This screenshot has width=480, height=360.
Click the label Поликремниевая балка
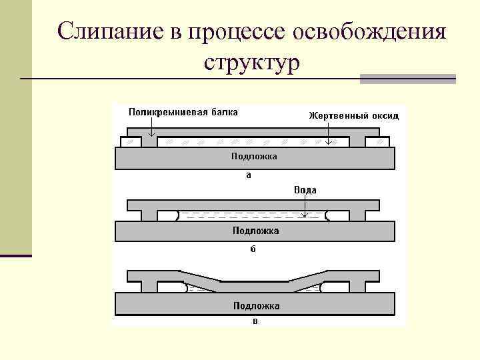183,111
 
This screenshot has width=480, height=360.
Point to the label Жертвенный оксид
353,116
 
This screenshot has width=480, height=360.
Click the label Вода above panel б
305,190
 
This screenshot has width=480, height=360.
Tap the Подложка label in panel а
254,157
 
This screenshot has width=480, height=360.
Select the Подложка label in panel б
256,231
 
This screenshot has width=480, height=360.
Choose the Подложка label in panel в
256,306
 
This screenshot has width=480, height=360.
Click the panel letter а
249,176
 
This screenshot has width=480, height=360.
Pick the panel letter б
253,250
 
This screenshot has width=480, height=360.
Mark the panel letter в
255,322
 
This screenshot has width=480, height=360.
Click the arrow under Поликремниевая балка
151,127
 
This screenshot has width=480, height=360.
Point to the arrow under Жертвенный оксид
328,133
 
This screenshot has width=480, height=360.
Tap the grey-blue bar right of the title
407,79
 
